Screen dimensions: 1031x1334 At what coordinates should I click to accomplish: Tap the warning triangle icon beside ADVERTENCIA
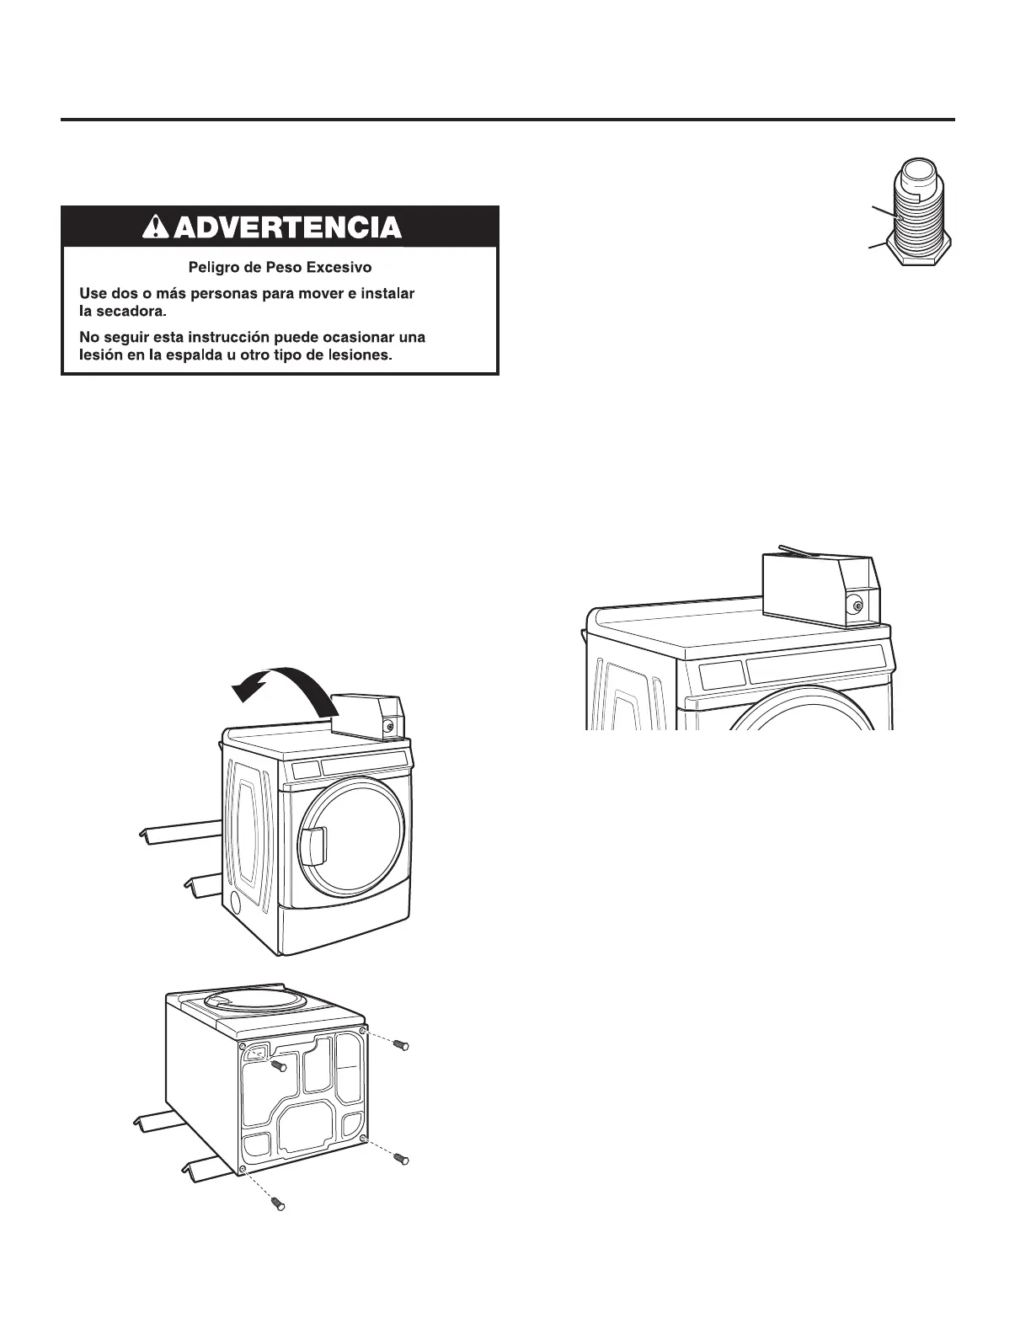click(156, 227)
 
